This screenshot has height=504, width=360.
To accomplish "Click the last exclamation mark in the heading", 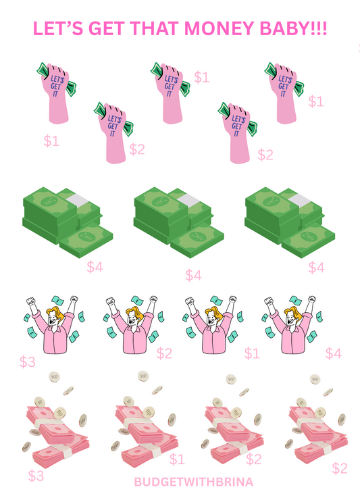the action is point(325,28).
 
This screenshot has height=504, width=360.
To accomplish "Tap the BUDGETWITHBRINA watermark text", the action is point(193,482).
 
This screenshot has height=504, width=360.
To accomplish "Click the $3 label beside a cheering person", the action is point(27,362).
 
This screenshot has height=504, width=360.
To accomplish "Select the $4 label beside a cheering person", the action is point(334,353).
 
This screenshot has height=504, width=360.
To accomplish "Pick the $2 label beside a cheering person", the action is point(164,353).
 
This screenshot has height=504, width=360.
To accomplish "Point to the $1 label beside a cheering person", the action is point(252,353).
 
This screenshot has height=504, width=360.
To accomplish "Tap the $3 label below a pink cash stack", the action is point(36,476).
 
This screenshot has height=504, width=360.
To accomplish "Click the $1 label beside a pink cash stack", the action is point(177,459).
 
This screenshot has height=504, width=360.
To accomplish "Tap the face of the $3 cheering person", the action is point(53,318).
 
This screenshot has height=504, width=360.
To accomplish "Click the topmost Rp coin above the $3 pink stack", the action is point(54,377).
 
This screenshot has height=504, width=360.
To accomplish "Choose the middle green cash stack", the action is point(179,222).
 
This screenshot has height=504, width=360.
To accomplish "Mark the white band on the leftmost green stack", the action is point(78,201).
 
